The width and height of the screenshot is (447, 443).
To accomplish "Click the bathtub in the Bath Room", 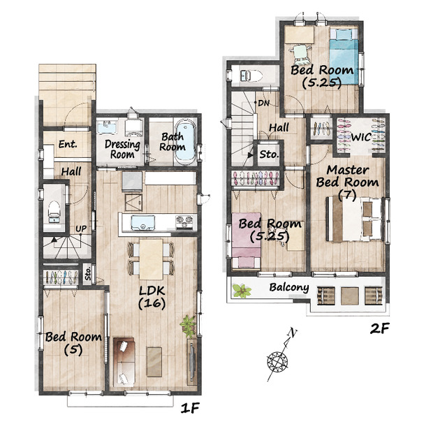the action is coord(185,142).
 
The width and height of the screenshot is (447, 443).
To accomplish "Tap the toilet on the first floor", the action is coord(54,212).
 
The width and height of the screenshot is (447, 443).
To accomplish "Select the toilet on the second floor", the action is coord(251,75).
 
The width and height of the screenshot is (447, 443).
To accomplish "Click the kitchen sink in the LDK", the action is coord(142,222).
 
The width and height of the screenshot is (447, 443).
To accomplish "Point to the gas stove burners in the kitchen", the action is coord(184,221).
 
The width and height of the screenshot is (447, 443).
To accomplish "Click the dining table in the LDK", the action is coord(151,259).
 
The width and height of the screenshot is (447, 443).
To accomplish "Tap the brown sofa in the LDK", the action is coord(124,362).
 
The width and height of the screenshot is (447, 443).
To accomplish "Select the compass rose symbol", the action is coord(277,362).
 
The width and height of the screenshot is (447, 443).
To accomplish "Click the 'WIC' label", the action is coord(361,137).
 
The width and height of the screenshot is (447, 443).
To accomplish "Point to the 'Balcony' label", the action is coord(289,287).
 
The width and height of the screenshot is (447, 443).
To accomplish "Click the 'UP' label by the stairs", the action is coord(81,228).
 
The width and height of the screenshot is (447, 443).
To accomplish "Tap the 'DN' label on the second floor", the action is coord(263,103).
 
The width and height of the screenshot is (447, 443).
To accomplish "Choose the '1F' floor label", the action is coord(189,408).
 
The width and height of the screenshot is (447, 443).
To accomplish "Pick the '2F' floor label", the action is coord(379,328).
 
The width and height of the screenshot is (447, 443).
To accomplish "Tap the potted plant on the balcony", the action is coord(242,291).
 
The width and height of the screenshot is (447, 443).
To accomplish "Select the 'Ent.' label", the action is coord(68,145).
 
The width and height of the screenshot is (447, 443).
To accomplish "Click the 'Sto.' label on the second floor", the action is coord(269,154).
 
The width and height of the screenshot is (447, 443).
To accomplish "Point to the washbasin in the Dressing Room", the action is coord(108,126).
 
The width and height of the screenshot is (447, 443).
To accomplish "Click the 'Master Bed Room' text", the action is coord(348,176).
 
